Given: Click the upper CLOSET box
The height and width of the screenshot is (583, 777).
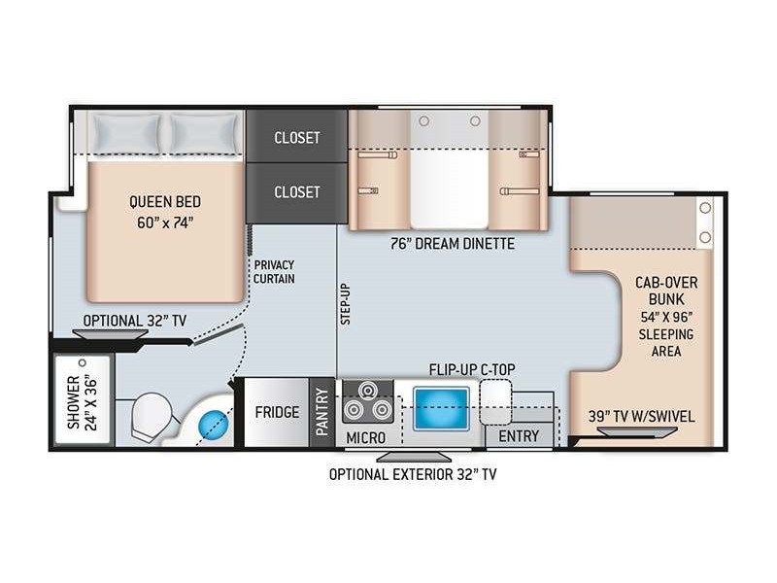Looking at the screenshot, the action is pyautogui.click(x=297, y=136).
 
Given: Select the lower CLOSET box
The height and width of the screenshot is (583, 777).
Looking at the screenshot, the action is pyautogui.click(x=297, y=192).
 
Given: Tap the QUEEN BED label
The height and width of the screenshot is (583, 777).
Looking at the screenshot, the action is pyautogui.click(x=165, y=202).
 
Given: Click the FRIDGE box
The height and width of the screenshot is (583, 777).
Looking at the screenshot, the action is pyautogui.click(x=277, y=412).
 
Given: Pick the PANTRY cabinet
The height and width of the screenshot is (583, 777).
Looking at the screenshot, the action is pyautogui.click(x=322, y=412).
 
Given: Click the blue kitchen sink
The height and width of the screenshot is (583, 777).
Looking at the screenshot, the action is pyautogui.click(x=441, y=409).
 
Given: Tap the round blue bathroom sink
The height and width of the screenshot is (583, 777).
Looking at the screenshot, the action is pyautogui.click(x=214, y=425).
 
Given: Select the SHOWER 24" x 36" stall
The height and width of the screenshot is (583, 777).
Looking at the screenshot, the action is pyautogui.click(x=83, y=399).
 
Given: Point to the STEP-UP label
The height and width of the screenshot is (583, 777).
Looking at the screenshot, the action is pyautogui.click(x=346, y=304).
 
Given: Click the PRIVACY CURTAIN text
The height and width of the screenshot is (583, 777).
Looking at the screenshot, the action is pyautogui.click(x=274, y=272).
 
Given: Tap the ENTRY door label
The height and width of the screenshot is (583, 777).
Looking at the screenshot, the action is pyautogui.click(x=519, y=436).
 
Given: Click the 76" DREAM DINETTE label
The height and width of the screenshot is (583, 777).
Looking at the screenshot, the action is pyautogui.click(x=453, y=244).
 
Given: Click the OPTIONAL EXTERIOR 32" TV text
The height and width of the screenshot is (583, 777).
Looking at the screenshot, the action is pyautogui.click(x=413, y=474).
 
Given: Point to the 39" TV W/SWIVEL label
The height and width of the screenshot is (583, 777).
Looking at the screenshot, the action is pyautogui.click(x=642, y=417).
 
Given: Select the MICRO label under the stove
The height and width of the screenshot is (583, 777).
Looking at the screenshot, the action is pyautogui.click(x=366, y=438).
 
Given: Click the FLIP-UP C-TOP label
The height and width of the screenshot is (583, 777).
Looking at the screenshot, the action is pyautogui.click(x=472, y=369).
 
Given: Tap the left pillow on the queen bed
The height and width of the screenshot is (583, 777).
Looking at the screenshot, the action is pyautogui.click(x=127, y=134).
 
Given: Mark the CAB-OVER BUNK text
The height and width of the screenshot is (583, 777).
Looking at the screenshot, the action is pyautogui.click(x=666, y=291).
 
